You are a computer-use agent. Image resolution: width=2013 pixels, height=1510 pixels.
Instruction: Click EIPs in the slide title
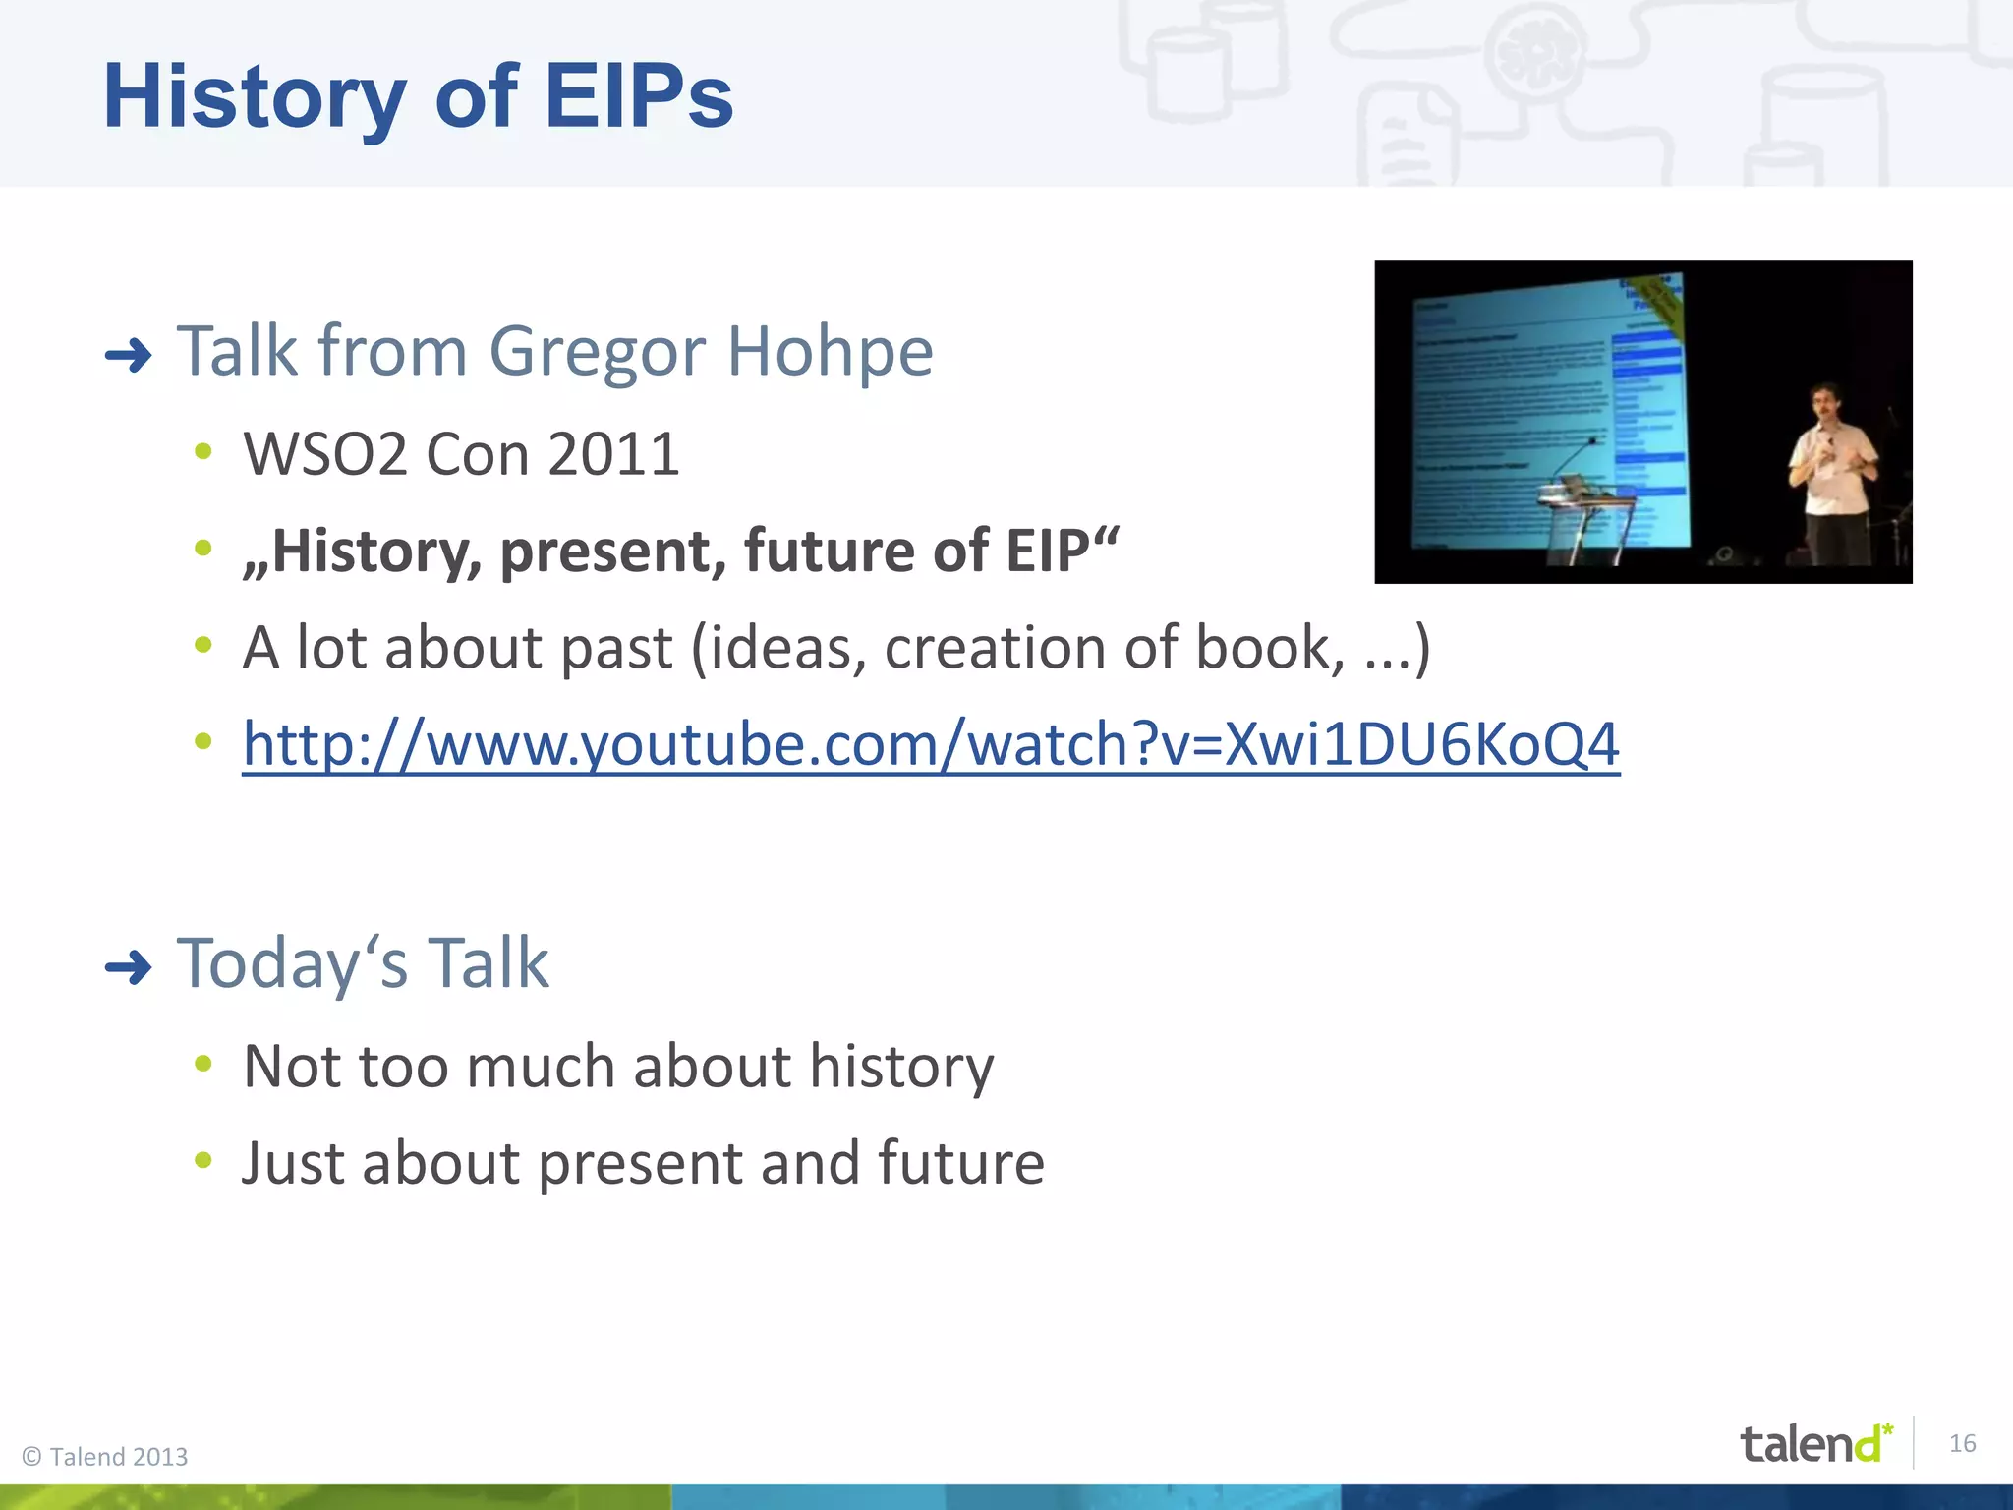click(x=638, y=96)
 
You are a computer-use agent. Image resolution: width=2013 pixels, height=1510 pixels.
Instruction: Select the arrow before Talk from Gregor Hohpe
click(x=129, y=355)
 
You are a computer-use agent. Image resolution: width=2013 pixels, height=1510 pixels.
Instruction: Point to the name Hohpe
click(x=829, y=352)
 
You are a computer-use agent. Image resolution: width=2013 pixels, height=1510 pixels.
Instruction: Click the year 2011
click(x=612, y=455)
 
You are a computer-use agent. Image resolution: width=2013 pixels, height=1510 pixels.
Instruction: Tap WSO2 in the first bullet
click(x=325, y=455)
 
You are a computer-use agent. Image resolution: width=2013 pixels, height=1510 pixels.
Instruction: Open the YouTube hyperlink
click(x=931, y=744)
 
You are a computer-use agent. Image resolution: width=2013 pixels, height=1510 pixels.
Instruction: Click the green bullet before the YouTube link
click(x=203, y=741)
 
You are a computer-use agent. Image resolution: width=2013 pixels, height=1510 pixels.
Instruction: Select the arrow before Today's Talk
click(x=129, y=968)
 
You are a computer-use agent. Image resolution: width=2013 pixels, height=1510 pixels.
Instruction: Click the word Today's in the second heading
click(x=291, y=963)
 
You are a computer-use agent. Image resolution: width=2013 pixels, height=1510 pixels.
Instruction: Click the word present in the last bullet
click(x=639, y=1164)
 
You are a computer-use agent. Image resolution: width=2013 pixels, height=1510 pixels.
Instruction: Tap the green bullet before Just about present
click(x=203, y=1161)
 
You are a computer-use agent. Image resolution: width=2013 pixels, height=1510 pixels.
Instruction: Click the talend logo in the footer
click(x=1814, y=1444)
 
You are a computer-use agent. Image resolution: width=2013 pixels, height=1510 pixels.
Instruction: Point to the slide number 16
click(x=1962, y=1443)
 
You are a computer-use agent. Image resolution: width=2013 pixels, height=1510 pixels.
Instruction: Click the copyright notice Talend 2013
click(x=105, y=1457)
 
